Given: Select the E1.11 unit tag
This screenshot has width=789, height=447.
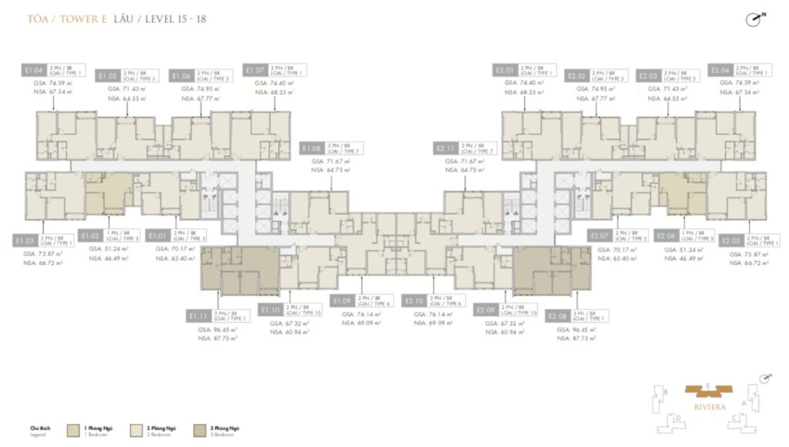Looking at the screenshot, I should click(x=198, y=316).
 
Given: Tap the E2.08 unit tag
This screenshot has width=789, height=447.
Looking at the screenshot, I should click(x=557, y=316).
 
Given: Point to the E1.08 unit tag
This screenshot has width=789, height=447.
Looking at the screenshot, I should click(x=311, y=147).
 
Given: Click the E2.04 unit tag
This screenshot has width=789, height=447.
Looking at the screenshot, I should click(x=720, y=70).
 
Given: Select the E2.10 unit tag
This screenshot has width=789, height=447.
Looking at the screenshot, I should click(x=413, y=300).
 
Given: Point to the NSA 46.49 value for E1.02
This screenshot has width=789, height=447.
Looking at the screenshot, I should click(x=107, y=259).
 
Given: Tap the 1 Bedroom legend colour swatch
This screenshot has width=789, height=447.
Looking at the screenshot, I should click(x=73, y=428).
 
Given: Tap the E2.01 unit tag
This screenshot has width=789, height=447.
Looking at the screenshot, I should click(x=505, y=70).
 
